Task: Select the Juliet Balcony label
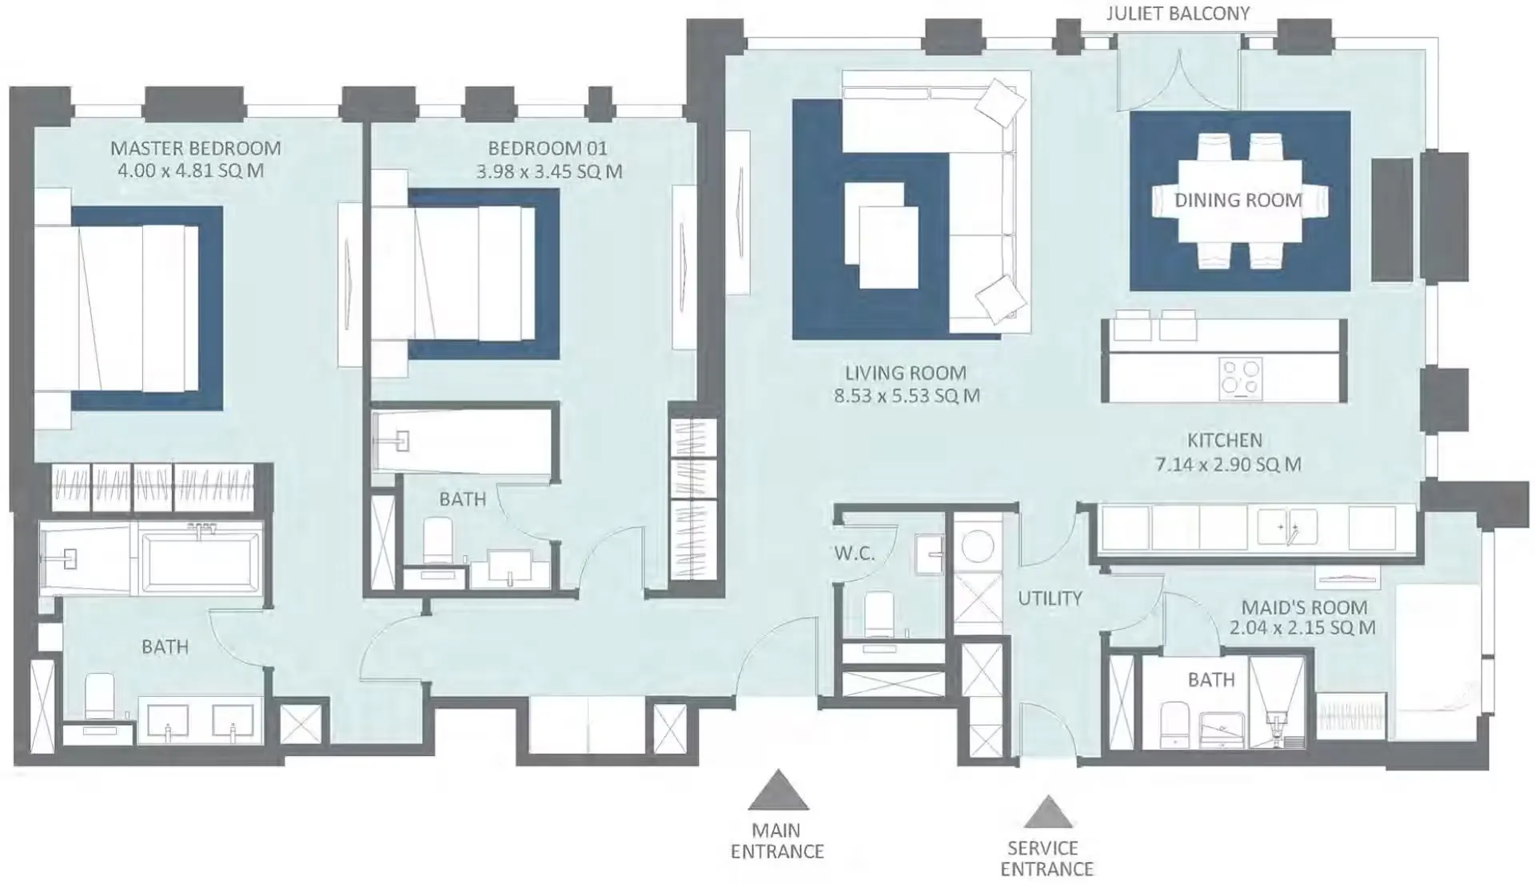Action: pyautogui.click(x=1178, y=14)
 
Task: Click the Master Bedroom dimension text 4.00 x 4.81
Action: pyautogui.click(x=190, y=171)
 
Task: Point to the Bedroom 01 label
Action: pyautogui.click(x=548, y=148)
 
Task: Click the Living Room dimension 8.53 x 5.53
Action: pyautogui.click(x=907, y=395)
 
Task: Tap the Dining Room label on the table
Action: pyautogui.click(x=1238, y=200)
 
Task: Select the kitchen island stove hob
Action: pyautogui.click(x=1241, y=378)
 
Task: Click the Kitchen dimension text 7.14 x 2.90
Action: pyautogui.click(x=1228, y=464)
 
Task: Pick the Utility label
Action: pyautogui.click(x=1050, y=598)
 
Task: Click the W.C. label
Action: pyautogui.click(x=854, y=553)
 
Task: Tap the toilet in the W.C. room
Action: pyautogui.click(x=879, y=614)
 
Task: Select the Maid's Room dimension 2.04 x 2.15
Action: pyautogui.click(x=1302, y=628)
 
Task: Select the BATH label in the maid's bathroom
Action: pyautogui.click(x=1211, y=680)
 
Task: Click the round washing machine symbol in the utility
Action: pyautogui.click(x=977, y=547)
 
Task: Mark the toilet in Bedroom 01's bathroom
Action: pyautogui.click(x=437, y=541)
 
